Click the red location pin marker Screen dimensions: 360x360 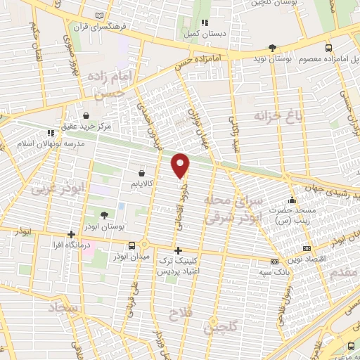pyautogui.click(x=181, y=165)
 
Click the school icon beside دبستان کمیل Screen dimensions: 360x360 pyautogui.click(x=205, y=21)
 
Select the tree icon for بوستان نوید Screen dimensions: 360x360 pyautogui.click(x=272, y=48)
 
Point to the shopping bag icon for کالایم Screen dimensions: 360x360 pyautogui.click(x=143, y=172)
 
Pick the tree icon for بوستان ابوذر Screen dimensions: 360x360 pyautogui.click(x=105, y=214)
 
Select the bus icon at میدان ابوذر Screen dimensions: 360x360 pyautogui.click(x=133, y=245)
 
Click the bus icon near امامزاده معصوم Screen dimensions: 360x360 pyautogui.click(x=328, y=48)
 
